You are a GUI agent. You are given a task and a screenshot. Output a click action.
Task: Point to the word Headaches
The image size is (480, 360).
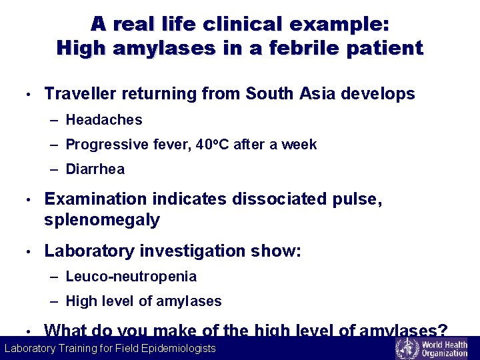click(104, 120)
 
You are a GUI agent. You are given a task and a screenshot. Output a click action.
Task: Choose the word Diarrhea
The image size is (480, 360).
click(95, 169)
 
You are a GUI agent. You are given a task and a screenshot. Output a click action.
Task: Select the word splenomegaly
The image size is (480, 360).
click(102, 220)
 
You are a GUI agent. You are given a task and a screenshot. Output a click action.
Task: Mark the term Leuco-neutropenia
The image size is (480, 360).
click(131, 277)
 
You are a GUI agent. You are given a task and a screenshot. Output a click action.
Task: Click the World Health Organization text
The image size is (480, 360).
click(444, 348)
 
